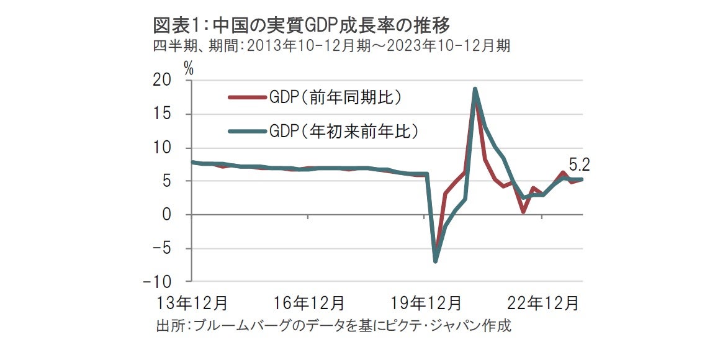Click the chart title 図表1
tap(301, 25)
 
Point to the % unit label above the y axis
tap(189, 69)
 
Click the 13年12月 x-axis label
tap(191, 304)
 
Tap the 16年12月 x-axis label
tap(308, 304)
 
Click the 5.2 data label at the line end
tap(578, 166)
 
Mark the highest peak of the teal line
tap(475, 89)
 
